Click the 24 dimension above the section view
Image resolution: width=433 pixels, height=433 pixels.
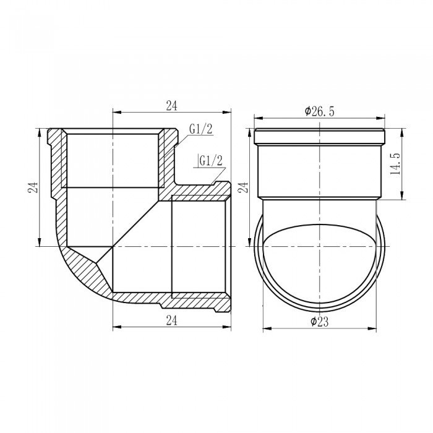pos(172,106)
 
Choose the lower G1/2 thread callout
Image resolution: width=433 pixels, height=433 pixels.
pos(210,160)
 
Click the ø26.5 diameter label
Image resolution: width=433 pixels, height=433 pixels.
pos(320,111)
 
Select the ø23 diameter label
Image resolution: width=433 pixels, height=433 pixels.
pos(320,321)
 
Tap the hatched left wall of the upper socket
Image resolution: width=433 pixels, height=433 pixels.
pos(57,161)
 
